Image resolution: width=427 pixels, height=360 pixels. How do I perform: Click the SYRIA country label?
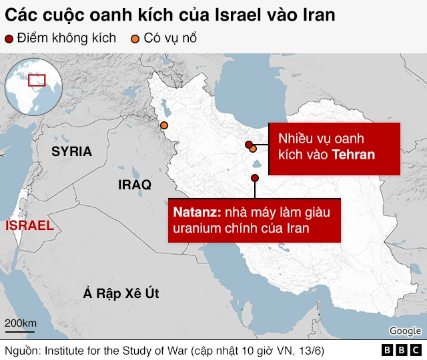pyautogui.click(x=72, y=151)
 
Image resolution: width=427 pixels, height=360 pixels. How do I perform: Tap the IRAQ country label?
pyautogui.click(x=134, y=184)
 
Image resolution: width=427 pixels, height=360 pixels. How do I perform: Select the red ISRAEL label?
pyautogui.click(x=29, y=225)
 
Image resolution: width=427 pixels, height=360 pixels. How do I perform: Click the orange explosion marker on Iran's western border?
pyautogui.click(x=163, y=125)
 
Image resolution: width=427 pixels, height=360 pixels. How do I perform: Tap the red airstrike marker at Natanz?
pyautogui.click(x=255, y=177)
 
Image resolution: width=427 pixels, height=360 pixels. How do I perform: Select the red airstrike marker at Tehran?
pyautogui.click(x=249, y=145)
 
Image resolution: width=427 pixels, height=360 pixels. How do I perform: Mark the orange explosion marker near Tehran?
pyautogui.click(x=253, y=149)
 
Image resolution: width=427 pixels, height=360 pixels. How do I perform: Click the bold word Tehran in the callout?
pyautogui.click(x=354, y=155)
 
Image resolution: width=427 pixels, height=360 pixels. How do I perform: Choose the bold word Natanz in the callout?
pyautogui.click(x=195, y=213)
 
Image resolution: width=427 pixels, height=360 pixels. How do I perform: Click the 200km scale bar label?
pyautogui.click(x=21, y=324)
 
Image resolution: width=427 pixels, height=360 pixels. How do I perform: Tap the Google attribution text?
pyautogui.click(x=405, y=331)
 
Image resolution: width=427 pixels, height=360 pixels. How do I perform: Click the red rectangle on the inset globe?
pyautogui.click(x=37, y=80)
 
